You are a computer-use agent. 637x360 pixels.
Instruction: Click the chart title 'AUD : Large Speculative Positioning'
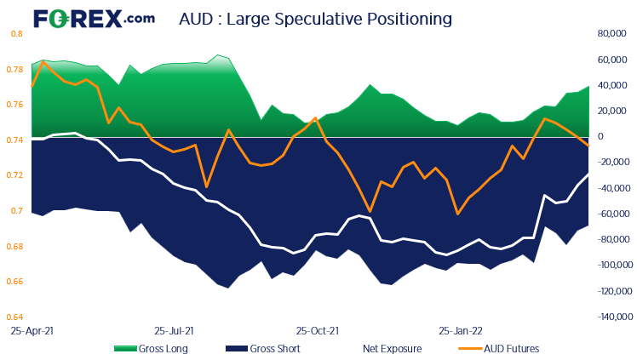(315, 18)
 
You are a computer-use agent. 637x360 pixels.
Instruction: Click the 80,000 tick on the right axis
(611, 34)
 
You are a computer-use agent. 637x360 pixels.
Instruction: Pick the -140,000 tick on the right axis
(608, 317)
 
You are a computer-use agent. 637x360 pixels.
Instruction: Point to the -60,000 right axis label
(611, 214)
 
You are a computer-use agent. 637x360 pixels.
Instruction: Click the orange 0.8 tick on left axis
(16, 34)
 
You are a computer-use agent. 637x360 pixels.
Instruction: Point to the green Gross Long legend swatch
(125, 348)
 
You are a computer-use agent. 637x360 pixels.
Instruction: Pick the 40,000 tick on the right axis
(611, 86)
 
